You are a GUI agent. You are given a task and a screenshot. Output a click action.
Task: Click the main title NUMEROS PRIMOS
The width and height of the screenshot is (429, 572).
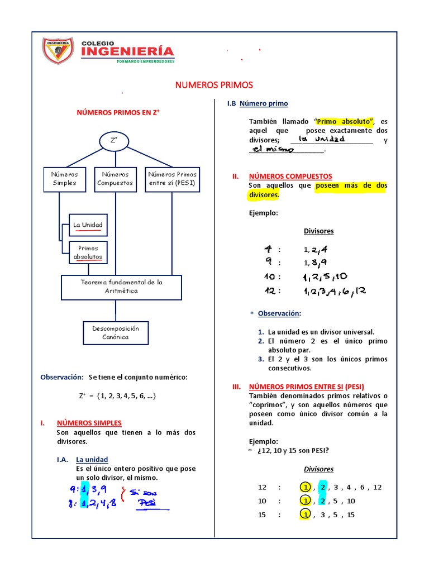coord(214,85)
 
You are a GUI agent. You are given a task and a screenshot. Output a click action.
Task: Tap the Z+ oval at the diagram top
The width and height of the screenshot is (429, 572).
coord(114,141)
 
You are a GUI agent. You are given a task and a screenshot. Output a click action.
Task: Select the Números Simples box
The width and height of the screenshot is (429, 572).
coord(65,179)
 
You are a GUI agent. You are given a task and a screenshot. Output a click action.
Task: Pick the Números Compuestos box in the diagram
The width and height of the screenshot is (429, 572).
coord(116,179)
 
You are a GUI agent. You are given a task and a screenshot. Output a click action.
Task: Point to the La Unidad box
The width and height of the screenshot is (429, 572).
coord(88,225)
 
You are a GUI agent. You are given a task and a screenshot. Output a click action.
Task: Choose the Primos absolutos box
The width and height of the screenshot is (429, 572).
coord(88,252)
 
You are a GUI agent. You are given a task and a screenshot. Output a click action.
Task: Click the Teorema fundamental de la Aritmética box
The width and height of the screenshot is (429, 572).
coord(121,287)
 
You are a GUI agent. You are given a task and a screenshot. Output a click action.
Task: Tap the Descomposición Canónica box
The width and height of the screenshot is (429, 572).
coord(116,332)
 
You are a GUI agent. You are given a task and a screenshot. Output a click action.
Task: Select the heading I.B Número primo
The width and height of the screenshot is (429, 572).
coord(258,103)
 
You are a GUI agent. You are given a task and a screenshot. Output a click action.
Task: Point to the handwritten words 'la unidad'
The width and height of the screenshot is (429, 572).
coord(321,139)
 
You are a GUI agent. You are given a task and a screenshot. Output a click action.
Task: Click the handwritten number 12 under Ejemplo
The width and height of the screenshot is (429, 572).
coord(271,291)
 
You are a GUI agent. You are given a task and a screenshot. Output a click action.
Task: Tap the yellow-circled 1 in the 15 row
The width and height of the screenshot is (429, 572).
coord(305,514)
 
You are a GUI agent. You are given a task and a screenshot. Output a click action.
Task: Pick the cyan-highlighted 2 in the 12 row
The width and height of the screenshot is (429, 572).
coord(322,487)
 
